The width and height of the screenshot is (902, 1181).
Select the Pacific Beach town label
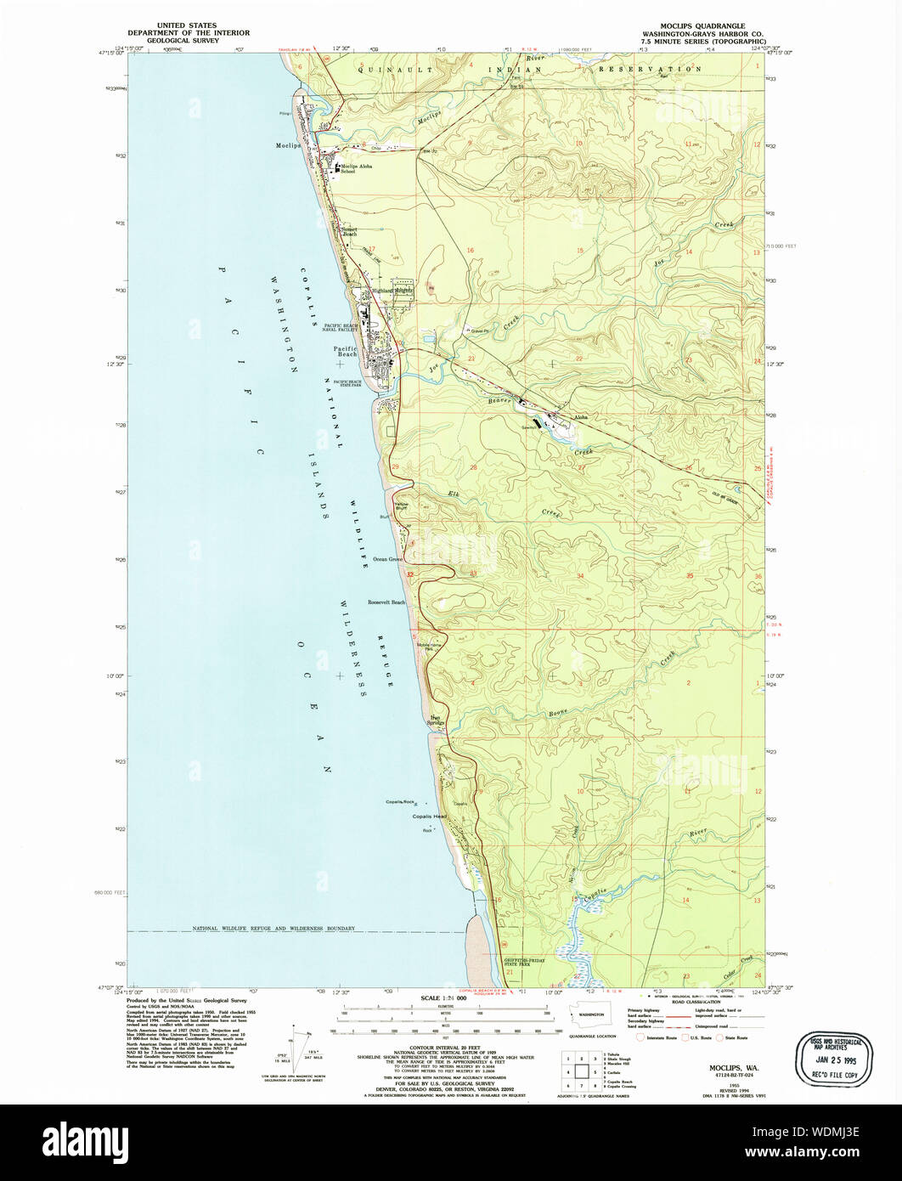click(x=345, y=351)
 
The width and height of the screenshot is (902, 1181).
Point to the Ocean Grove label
click(x=388, y=560)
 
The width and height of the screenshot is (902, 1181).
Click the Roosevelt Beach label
click(x=386, y=602)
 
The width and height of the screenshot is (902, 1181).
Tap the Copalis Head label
click(x=429, y=817)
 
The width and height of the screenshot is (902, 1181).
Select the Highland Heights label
click(x=392, y=291)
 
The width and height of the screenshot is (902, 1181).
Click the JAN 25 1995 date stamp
click(x=831, y=1060)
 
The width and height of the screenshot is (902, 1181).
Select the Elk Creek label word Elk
click(x=453, y=494)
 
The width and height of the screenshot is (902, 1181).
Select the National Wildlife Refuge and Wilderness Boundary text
click(x=273, y=929)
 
